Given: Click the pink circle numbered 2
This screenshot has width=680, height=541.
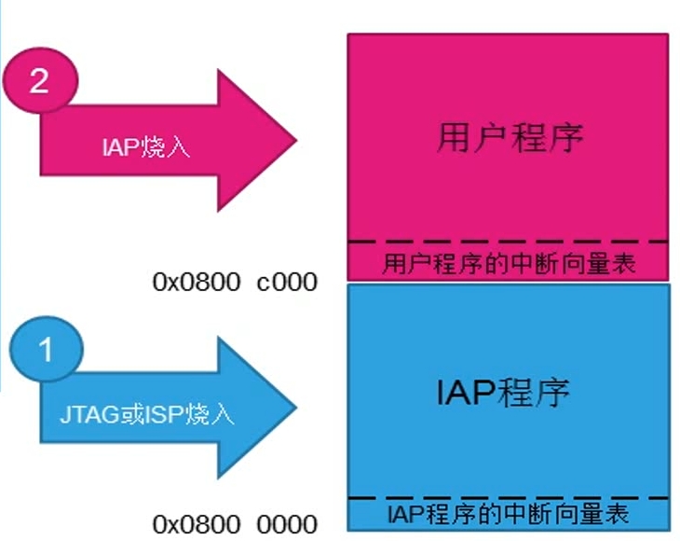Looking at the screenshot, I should (x=39, y=82).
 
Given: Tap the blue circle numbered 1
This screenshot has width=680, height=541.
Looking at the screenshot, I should (x=46, y=353).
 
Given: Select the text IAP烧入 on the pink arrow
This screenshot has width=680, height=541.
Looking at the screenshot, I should (x=145, y=146).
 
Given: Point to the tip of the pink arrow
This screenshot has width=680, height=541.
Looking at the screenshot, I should (x=295, y=142).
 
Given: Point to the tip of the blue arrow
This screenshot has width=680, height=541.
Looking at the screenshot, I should (x=295, y=409).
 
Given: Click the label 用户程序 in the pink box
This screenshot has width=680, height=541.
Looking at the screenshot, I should (x=509, y=138).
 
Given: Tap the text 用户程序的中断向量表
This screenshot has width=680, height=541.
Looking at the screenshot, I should (x=509, y=264).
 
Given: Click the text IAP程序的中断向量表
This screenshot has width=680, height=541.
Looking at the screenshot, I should (x=508, y=513).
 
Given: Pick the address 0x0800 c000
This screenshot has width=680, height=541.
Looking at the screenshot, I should (x=235, y=282).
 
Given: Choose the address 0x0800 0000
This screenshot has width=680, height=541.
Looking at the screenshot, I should (x=235, y=524).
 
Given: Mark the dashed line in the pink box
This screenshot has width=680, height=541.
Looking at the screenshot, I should (x=509, y=243).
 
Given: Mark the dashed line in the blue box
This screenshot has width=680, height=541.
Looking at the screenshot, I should (x=509, y=498).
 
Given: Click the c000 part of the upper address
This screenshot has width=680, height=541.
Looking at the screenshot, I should (x=289, y=282).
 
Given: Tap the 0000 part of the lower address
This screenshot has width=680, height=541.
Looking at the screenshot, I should (x=289, y=524).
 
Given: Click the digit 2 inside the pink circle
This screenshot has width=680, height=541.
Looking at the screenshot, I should (x=39, y=82).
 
